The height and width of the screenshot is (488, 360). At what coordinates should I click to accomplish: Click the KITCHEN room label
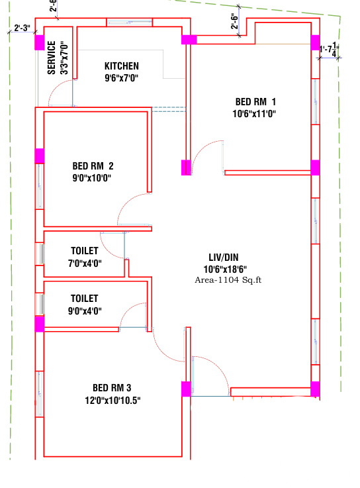pyautogui.click(x=122, y=66)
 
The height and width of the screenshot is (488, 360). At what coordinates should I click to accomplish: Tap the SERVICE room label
pyautogui.click(x=52, y=58)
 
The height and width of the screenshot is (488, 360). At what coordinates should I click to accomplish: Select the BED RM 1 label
pyautogui.click(x=255, y=102)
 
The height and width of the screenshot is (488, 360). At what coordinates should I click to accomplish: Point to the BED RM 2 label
pyautogui.click(x=93, y=166)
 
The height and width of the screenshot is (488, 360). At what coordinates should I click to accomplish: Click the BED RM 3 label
pyautogui.click(x=112, y=388)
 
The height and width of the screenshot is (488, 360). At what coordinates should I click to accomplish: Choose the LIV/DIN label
pyautogui.click(x=224, y=258)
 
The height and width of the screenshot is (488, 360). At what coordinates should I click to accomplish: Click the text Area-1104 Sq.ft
pyautogui.click(x=228, y=280)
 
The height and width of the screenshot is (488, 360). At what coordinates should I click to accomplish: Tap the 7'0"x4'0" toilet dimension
pyautogui.click(x=85, y=264)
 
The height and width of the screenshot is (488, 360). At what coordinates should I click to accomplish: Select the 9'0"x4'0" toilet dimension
pyautogui.click(x=85, y=311)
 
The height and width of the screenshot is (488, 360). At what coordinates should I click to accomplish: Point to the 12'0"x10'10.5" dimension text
pyautogui.click(x=112, y=400)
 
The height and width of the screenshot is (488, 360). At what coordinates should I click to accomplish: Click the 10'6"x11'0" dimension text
pyautogui.click(x=254, y=114)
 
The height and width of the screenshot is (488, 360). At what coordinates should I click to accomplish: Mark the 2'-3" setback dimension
pyautogui.click(x=22, y=28)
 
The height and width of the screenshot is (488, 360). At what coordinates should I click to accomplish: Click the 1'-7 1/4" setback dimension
pyautogui.click(x=329, y=50)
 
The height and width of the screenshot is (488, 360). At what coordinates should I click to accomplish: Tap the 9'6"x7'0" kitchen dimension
pyautogui.click(x=122, y=78)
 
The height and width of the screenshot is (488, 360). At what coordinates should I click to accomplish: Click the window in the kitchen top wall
pyautogui.click(x=130, y=23)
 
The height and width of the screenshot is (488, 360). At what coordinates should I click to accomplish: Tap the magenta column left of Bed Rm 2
pyautogui.click(x=40, y=156)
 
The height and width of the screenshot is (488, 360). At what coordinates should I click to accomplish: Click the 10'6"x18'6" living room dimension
pyautogui.click(x=225, y=269)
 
